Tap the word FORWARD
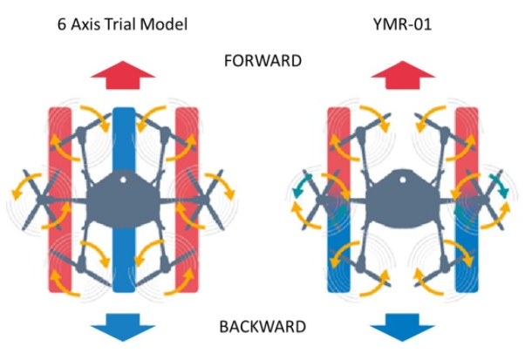(x=263, y=62)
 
